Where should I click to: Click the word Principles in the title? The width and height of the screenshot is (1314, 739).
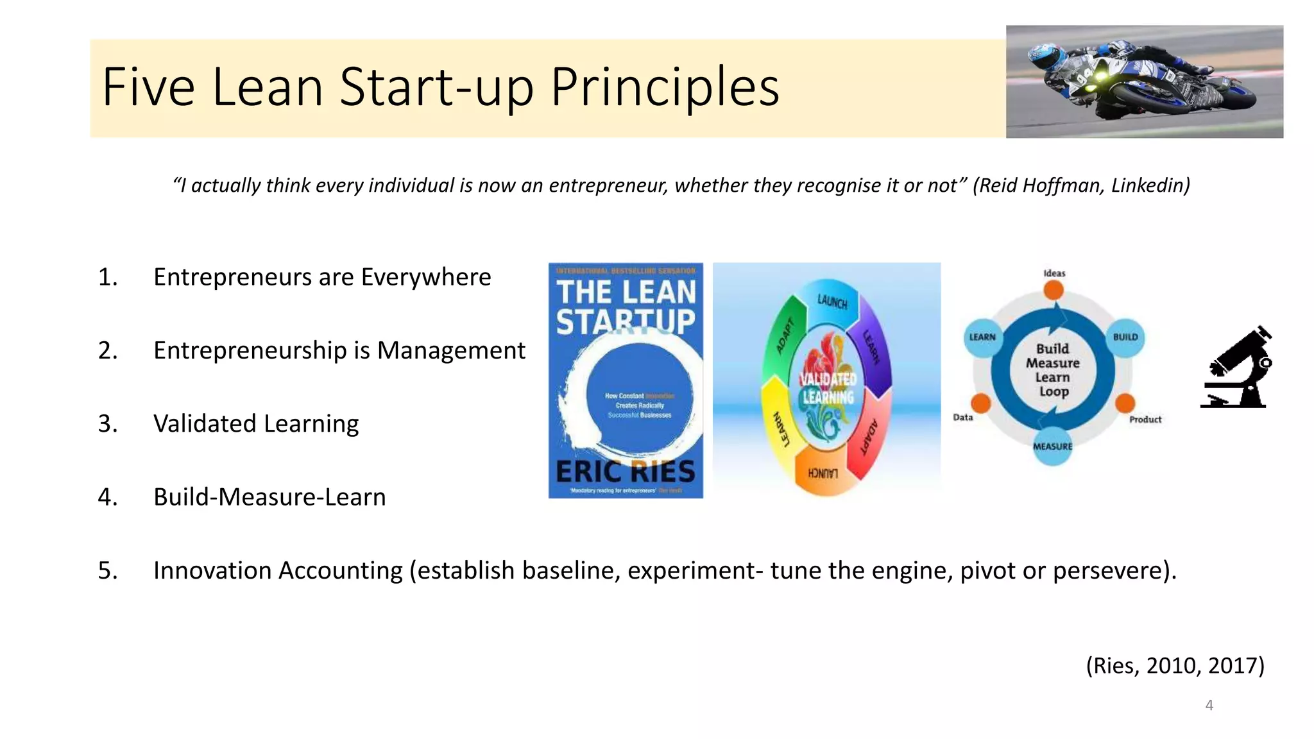[665, 87]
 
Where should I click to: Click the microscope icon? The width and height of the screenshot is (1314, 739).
[1236, 368]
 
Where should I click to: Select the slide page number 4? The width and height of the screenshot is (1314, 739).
[1209, 705]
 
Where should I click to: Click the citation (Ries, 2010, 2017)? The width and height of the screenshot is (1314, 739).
[1175, 665]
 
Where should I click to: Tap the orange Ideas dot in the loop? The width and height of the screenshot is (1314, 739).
[1053, 290]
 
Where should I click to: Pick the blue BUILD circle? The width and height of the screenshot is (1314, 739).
[1125, 337]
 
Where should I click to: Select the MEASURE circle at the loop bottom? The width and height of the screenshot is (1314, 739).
[1052, 446]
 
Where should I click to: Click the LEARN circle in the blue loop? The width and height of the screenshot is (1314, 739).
[982, 337]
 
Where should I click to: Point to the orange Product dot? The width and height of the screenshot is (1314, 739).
[1125, 403]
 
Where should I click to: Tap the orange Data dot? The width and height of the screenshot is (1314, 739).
[980, 403]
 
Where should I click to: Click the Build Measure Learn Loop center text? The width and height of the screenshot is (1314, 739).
[1053, 370]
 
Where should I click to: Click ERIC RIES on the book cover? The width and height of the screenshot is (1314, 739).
[626, 471]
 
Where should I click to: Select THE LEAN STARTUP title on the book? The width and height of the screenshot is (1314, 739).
[626, 307]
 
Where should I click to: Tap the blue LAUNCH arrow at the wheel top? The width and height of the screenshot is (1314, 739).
[832, 300]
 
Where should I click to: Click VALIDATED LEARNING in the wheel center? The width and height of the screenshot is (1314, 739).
[828, 388]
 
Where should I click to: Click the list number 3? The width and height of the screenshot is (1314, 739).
[107, 423]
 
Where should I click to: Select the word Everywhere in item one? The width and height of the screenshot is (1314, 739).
[425, 277]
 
